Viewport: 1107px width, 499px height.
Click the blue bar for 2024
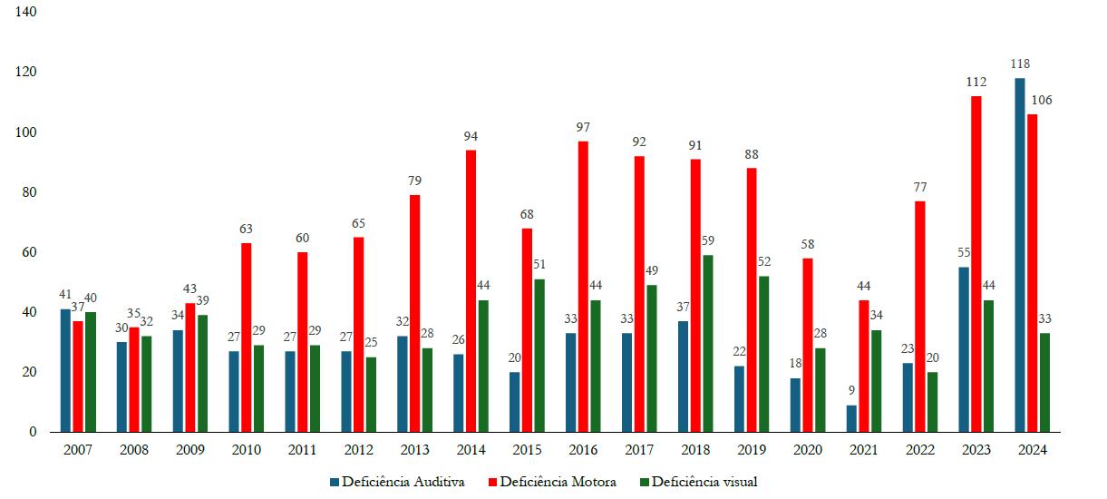tap(1020, 255)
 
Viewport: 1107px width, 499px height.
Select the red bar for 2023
tap(976, 264)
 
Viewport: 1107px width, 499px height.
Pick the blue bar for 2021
tap(851, 418)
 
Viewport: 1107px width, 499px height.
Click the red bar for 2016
tap(583, 287)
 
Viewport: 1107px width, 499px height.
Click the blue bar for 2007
tap(65, 370)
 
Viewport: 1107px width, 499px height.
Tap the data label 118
tap(1020, 64)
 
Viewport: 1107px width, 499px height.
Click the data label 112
tap(976, 83)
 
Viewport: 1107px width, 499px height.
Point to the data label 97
tap(583, 127)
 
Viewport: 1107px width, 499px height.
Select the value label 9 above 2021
tap(851, 391)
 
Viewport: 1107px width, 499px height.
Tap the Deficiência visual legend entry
tap(698, 482)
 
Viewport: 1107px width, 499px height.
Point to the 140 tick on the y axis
tap(26, 13)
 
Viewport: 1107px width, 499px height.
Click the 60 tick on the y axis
tap(30, 252)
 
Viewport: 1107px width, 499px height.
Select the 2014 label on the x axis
tap(471, 450)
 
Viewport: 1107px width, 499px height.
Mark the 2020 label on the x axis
tap(807, 450)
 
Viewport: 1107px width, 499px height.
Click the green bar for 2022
tap(932, 402)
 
